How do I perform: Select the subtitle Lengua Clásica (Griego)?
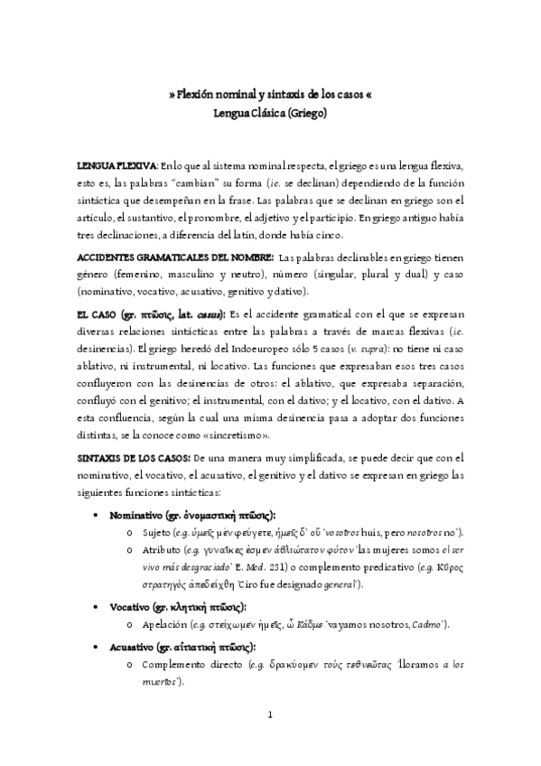click(x=269, y=114)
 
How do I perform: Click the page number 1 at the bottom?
click(x=270, y=715)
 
